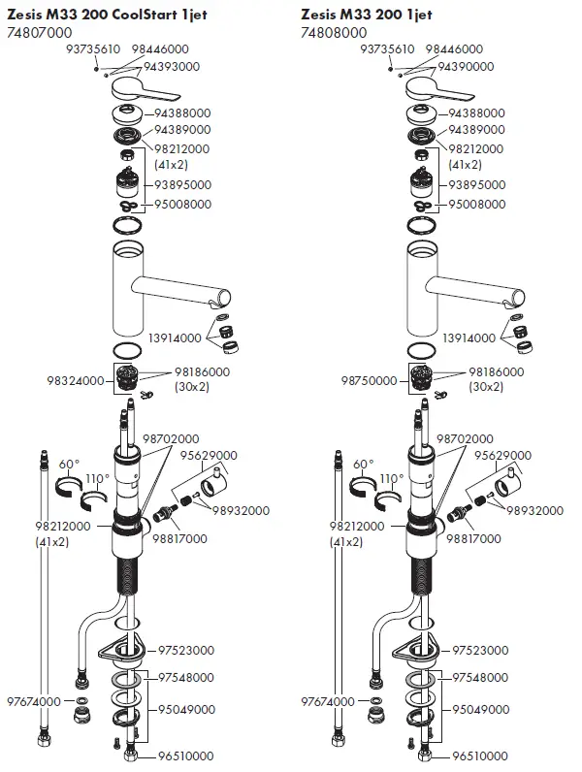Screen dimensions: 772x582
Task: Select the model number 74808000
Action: click(331, 33)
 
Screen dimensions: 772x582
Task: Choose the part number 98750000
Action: click(367, 381)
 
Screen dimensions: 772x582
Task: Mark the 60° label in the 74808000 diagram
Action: click(363, 464)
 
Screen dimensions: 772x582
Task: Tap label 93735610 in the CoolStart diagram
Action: click(93, 48)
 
